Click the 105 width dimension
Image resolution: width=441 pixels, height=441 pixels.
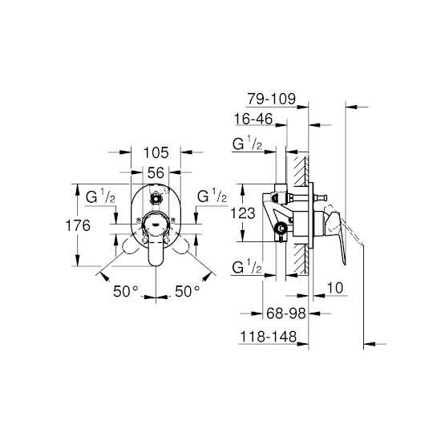(156, 153)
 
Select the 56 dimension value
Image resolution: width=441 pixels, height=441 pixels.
(156, 172)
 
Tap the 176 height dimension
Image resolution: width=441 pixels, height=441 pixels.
(78, 225)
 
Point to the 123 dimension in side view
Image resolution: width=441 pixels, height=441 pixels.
(243, 213)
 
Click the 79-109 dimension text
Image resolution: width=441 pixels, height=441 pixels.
(271, 99)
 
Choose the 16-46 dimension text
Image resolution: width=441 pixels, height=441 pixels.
(253, 119)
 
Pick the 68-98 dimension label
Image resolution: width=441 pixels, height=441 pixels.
(285, 313)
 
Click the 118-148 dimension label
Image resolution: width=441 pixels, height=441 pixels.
(269, 337)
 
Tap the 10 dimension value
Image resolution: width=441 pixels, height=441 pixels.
(335, 288)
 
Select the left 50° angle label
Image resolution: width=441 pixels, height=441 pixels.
(126, 291)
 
